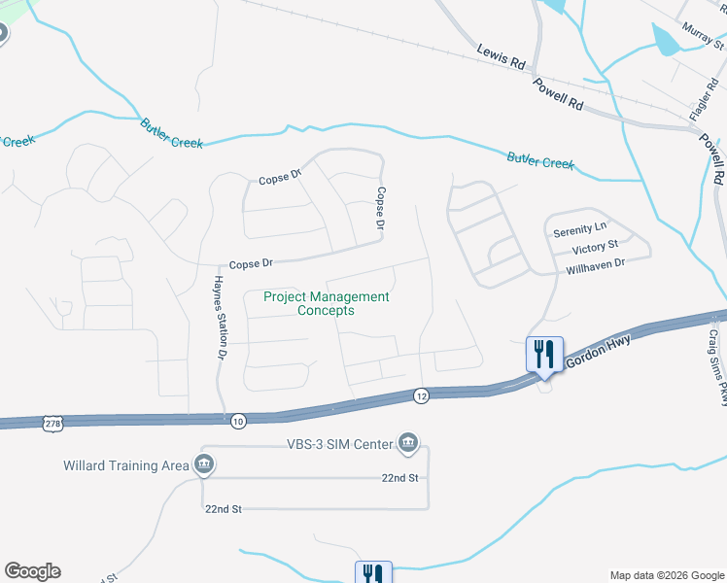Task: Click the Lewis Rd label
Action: (501, 56)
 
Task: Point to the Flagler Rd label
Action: (702, 98)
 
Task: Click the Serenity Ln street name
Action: (579, 232)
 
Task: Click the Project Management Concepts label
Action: (327, 303)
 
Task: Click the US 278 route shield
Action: (53, 423)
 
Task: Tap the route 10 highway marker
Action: (238, 420)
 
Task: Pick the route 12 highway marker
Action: (421, 395)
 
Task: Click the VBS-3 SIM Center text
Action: (339, 445)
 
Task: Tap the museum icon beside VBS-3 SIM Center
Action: (408, 445)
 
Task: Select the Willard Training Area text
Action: (125, 465)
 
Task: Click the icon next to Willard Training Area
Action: (203, 465)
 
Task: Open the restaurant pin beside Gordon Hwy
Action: (544, 354)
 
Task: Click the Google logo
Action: (32, 571)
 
